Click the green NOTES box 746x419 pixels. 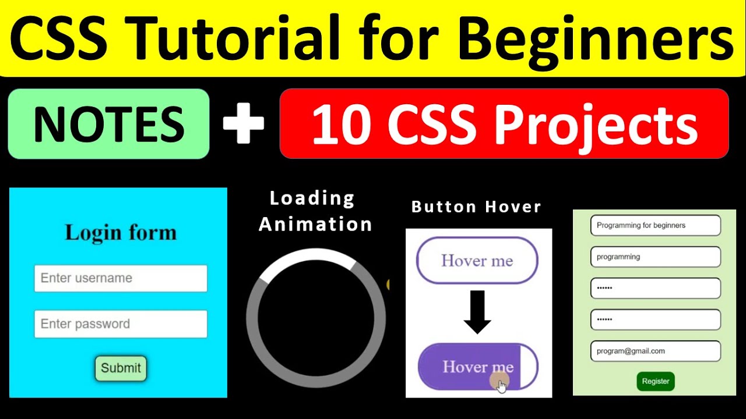(108, 124)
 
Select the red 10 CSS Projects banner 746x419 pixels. (504, 124)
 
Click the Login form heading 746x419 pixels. (121, 233)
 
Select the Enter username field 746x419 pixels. (121, 278)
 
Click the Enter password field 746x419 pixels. (121, 324)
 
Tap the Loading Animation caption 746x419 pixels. (315, 211)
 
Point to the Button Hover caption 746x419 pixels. (476, 207)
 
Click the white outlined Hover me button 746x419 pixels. (477, 261)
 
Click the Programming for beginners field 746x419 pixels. (655, 225)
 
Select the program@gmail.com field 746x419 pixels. (655, 351)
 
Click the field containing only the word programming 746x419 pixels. (655, 257)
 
